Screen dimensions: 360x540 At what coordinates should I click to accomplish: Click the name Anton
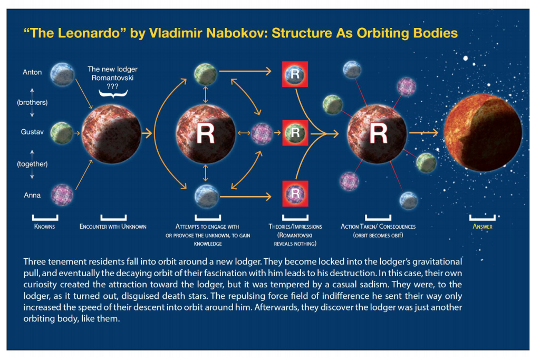[x=32, y=72]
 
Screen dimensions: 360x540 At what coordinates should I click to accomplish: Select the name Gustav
[x=32, y=134]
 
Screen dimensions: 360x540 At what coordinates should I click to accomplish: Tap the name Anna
[x=32, y=196]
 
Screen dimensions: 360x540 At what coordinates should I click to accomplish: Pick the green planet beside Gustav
[x=62, y=133]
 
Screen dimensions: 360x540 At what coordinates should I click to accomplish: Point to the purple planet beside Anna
[x=62, y=194]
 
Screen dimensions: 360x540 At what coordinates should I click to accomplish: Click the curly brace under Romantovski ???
[x=112, y=93]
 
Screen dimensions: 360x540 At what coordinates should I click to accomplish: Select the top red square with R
[x=295, y=74]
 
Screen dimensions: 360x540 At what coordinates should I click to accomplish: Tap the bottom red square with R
[x=295, y=193]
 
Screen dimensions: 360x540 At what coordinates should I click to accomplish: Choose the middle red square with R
[x=295, y=132]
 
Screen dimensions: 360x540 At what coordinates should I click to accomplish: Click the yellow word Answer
[x=483, y=227]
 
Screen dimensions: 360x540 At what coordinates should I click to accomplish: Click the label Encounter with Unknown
[x=113, y=227]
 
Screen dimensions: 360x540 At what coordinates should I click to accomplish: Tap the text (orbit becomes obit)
[x=378, y=235]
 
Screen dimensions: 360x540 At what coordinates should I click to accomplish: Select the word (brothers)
[x=32, y=103]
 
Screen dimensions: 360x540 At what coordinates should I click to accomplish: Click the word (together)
[x=32, y=164]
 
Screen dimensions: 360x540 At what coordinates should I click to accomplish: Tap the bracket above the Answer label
[x=483, y=217]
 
